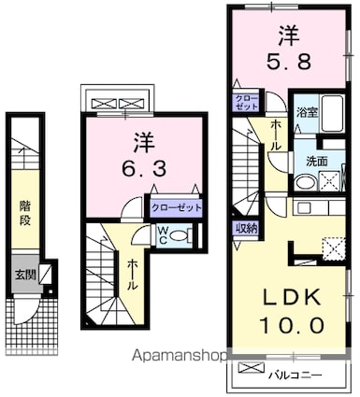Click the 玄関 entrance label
pos(25,275)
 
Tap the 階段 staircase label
pos(25,213)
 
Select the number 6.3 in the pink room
pos(144,170)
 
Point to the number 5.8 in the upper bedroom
pos(289,62)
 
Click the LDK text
pos(292,298)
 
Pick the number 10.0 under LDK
pos(292,326)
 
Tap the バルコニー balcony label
pos(295,375)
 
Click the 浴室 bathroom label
pos(308,113)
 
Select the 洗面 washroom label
pos(316,161)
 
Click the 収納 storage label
pos(246,229)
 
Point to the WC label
pos(163,235)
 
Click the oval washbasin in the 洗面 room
pos(306,182)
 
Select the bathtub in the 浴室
pos(333,113)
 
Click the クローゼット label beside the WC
pos(176,207)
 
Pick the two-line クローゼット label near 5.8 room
pos(246,102)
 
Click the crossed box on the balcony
pos(252,368)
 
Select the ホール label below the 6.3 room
pos(133,275)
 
